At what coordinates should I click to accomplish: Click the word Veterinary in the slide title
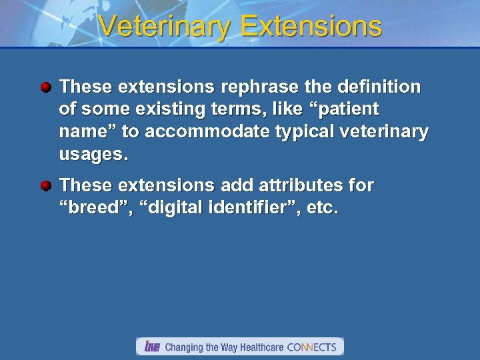[165, 27]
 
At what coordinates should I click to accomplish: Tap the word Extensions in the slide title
[311, 27]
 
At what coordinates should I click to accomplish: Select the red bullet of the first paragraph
[45, 87]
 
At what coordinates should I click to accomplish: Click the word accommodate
[207, 133]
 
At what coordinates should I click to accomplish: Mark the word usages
[91, 155]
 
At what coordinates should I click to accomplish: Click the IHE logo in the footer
[152, 347]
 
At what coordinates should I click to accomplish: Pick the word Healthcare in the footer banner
[257, 347]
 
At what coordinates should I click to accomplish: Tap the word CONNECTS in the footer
[312, 347]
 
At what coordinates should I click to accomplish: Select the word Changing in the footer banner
[185, 347]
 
